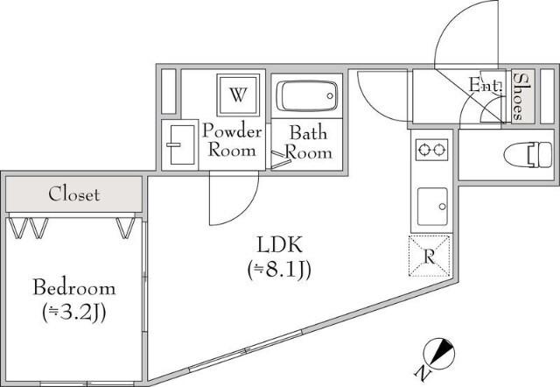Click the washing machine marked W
pyautogui.click(x=238, y=95)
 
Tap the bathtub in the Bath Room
pyautogui.click(x=307, y=96)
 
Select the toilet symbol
pyautogui.click(x=528, y=155)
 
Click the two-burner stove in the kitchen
pyautogui.click(x=431, y=150)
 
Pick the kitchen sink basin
pyautogui.click(x=432, y=206)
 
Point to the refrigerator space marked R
pyautogui.click(x=430, y=256)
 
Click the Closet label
pyautogui.click(x=73, y=194)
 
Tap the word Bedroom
pyautogui.click(x=74, y=288)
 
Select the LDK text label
pyautogui.click(x=280, y=244)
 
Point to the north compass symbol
pyautogui.click(x=438, y=353)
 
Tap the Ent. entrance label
pyautogui.click(x=486, y=86)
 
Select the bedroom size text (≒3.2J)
pyautogui.click(x=73, y=313)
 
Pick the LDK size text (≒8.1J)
pyautogui.click(x=279, y=270)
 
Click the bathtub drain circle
pyautogui.click(x=330, y=95)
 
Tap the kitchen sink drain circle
pyautogui.click(x=443, y=207)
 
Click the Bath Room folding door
pyautogui.click(x=281, y=159)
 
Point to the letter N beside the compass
pyautogui.click(x=422, y=373)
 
